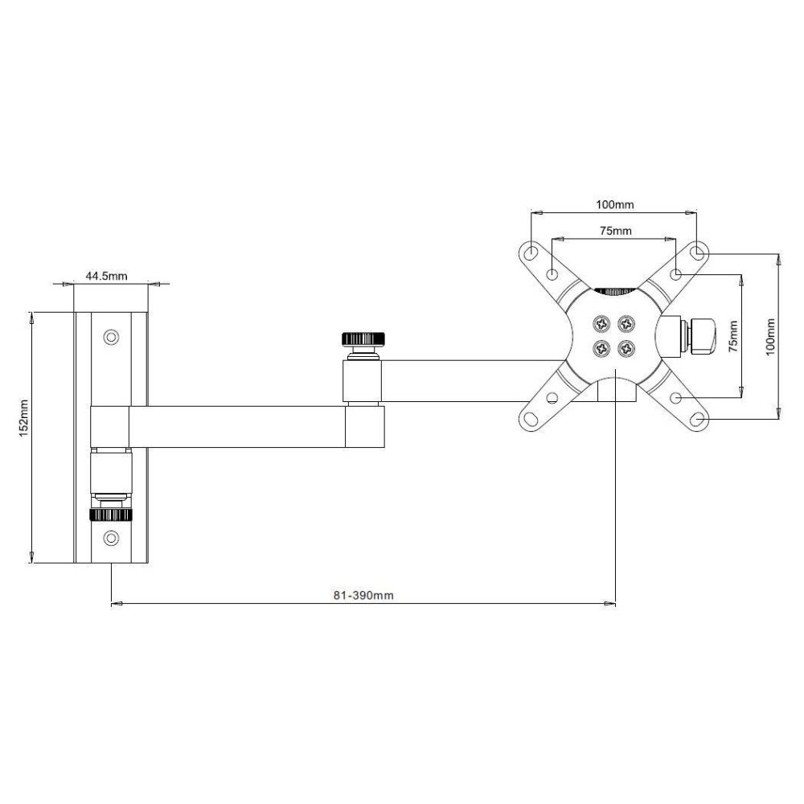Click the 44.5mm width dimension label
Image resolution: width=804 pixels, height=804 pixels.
coord(106,276)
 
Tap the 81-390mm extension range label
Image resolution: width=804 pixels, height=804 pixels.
coord(363,596)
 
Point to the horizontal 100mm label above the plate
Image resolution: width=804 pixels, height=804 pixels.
coord(614,204)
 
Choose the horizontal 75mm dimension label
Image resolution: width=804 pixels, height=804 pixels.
coord(614,231)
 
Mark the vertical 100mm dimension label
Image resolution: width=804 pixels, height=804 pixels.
coord(770,337)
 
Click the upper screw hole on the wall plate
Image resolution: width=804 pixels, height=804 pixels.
coord(112,335)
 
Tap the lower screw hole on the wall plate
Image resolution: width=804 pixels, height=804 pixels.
coord(112,537)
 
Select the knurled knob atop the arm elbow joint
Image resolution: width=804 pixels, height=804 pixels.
coord(364,337)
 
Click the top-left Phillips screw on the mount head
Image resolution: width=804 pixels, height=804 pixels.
coord(601,323)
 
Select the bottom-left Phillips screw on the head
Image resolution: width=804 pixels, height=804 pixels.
coord(601,349)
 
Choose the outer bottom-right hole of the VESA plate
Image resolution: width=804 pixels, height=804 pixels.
coord(698,420)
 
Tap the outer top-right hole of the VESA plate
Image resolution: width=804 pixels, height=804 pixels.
coord(698,252)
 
